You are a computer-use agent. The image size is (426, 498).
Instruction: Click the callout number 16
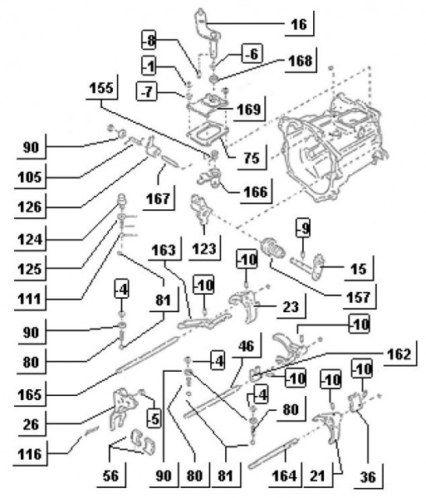coord(299,24)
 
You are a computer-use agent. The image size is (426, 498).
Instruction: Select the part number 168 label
coord(301,61)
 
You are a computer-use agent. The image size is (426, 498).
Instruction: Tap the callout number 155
coord(101,88)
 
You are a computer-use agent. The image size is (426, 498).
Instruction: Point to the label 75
coord(252,158)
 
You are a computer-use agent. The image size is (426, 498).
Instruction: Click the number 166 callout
coord(256,192)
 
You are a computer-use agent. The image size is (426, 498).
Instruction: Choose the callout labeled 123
coord(204,249)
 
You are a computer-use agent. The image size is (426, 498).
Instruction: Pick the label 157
coord(359,297)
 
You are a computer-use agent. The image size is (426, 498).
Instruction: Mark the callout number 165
coord(30,395)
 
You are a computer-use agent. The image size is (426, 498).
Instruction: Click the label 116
coord(30,454)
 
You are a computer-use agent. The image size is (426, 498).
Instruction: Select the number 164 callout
coord(284,476)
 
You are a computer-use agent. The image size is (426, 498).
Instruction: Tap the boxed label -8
coord(149,40)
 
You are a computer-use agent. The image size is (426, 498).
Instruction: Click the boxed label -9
coord(303,227)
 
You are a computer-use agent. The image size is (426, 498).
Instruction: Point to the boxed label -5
coord(154,419)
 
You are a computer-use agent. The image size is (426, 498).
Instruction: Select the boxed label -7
coord(146,91)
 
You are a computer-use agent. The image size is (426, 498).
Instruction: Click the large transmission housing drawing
coord(332,146)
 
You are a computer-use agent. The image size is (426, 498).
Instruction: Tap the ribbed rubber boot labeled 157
coord(272,248)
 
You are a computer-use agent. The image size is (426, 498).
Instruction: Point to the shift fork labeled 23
coord(246,305)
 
